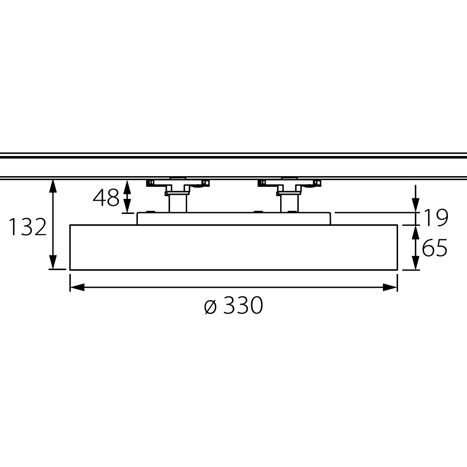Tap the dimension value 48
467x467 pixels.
106,197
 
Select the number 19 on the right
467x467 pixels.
435,218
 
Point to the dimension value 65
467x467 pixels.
435,247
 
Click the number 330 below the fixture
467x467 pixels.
243,305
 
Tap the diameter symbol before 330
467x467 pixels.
210,306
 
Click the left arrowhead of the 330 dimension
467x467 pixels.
77,287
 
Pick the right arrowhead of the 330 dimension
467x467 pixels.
390,287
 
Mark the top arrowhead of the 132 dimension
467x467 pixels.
53,186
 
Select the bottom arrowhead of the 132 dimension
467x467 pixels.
53,262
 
